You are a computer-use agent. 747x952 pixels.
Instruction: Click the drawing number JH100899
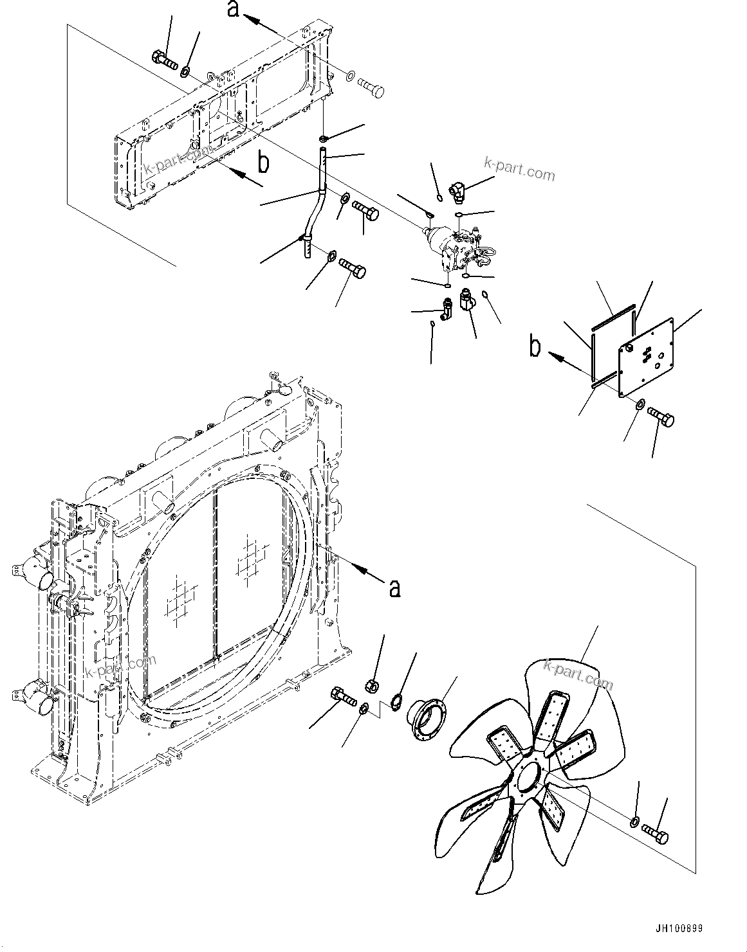[x=679, y=929]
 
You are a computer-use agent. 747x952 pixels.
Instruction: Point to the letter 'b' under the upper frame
[x=263, y=163]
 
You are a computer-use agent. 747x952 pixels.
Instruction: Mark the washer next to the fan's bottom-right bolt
[x=634, y=822]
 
